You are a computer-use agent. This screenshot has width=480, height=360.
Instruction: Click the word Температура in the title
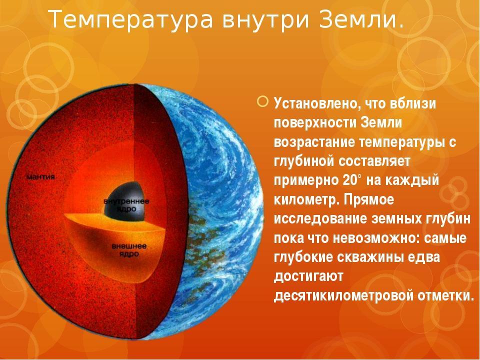(130, 19)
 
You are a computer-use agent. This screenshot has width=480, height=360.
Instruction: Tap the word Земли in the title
(355, 19)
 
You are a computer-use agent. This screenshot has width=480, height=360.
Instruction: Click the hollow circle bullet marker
(262, 101)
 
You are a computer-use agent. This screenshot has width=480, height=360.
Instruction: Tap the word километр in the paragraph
(305, 199)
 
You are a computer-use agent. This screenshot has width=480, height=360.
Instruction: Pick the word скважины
(369, 257)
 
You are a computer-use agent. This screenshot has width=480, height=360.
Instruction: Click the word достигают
(308, 277)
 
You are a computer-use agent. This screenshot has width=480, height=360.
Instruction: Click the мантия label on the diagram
(40, 177)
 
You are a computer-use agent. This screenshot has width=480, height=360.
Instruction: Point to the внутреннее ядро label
(126, 205)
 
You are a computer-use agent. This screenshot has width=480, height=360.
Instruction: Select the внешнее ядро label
(129, 250)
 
